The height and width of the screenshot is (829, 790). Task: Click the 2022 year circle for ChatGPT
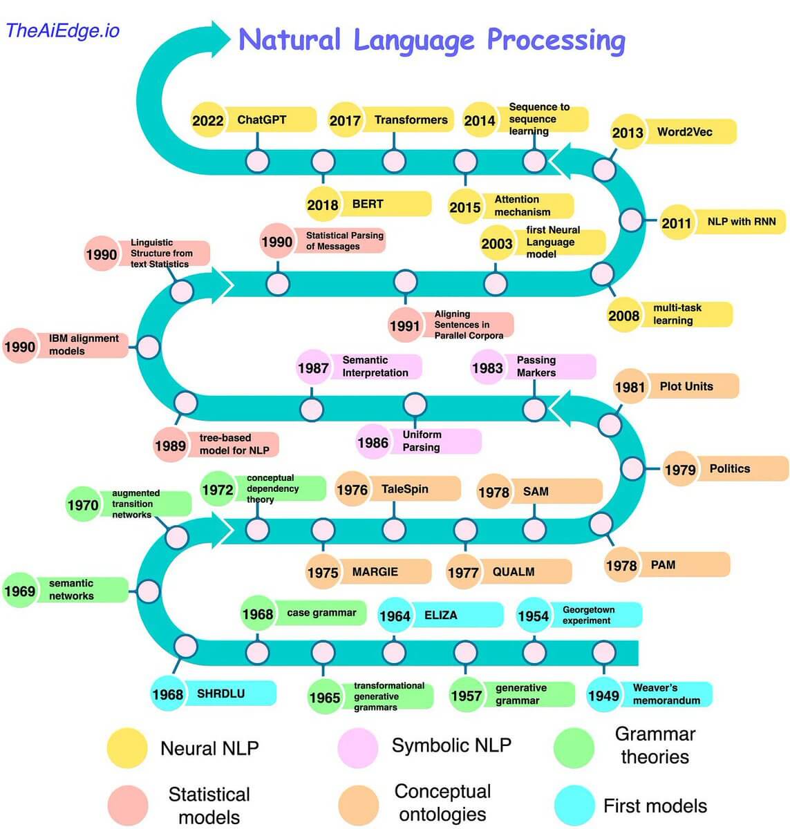click(207, 120)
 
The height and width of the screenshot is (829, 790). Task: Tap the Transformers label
click(411, 120)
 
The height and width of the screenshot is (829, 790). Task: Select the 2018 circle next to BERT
click(323, 204)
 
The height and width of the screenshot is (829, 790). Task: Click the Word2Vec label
click(684, 131)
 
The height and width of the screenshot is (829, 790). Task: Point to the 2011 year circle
click(676, 222)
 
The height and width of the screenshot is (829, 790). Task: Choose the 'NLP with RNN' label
click(742, 222)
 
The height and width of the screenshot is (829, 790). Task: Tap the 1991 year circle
click(404, 325)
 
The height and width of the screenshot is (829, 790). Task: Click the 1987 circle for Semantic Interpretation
click(312, 368)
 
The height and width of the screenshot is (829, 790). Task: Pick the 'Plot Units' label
click(686, 386)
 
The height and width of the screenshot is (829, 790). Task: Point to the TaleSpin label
click(405, 489)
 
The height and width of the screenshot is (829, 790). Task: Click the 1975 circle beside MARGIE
click(323, 572)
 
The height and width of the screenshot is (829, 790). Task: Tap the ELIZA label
click(441, 615)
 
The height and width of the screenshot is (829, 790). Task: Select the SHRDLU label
click(221, 694)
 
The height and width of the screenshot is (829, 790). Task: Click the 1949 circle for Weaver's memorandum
click(603, 695)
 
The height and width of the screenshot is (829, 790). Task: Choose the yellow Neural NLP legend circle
click(127, 748)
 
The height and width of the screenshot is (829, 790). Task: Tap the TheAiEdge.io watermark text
click(63, 30)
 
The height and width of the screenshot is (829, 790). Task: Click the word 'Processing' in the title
click(556, 41)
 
